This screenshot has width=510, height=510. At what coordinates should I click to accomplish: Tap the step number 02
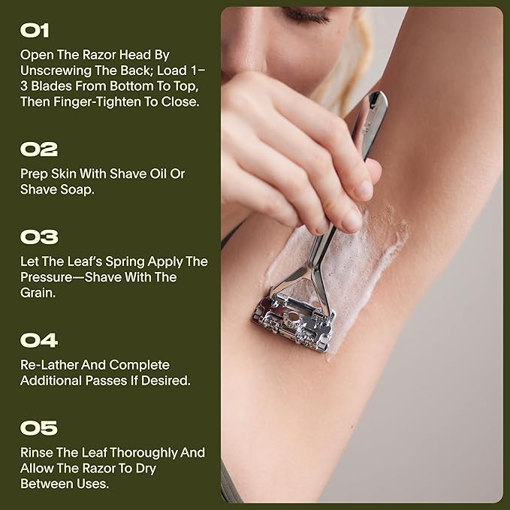point(39,149)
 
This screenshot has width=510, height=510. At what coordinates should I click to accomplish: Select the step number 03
point(39,237)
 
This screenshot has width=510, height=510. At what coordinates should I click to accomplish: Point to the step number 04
point(39,340)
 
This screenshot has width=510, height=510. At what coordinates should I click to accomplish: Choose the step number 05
point(39,429)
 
